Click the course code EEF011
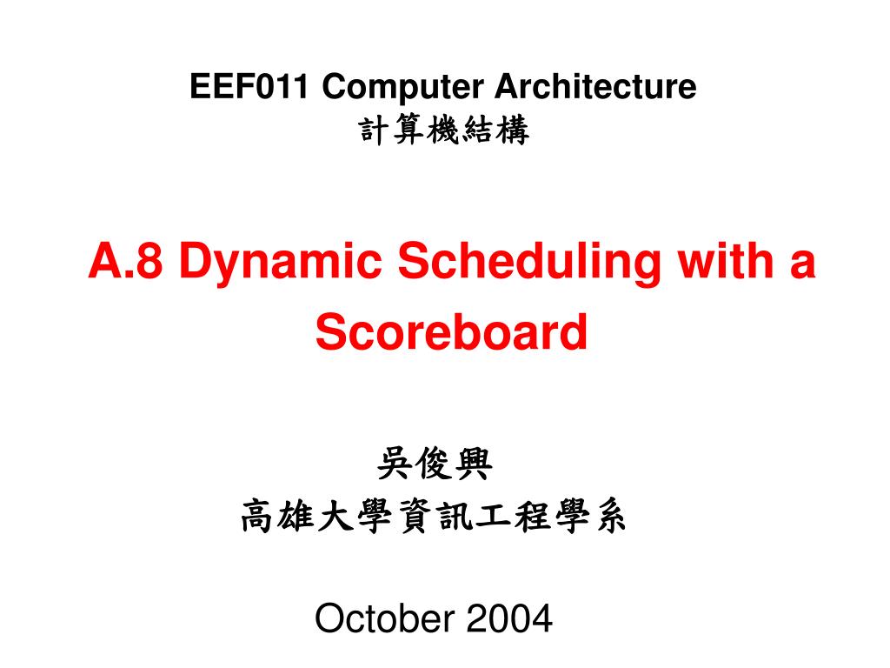click(x=249, y=86)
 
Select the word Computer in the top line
click(x=403, y=87)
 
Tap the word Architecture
click(x=595, y=86)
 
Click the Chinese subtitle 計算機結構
click(x=444, y=130)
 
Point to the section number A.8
click(x=125, y=260)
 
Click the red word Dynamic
click(x=281, y=264)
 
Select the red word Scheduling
click(x=529, y=264)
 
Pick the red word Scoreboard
click(x=451, y=331)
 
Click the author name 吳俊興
click(x=435, y=464)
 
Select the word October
click(x=385, y=618)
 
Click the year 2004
click(x=509, y=618)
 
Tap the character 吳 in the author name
click(x=395, y=464)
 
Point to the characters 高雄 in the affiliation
click(x=277, y=517)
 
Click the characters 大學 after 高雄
click(x=355, y=517)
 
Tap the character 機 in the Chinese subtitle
click(x=444, y=130)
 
